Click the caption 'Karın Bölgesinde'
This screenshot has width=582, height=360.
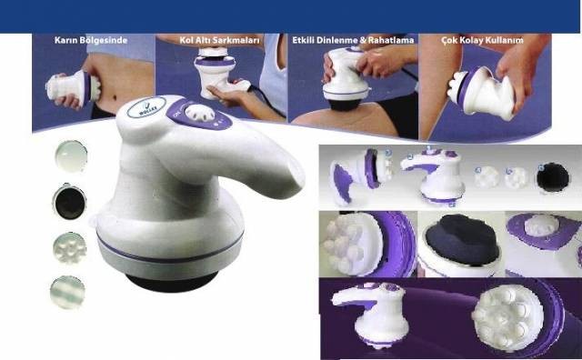91,40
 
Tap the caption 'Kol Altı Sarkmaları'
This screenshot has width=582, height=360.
220,40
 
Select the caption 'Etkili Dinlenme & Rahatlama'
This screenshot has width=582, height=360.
353,40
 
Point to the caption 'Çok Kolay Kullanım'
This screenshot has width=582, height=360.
483,40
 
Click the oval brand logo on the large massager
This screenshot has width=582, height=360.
146,107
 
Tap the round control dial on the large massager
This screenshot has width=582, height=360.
200,113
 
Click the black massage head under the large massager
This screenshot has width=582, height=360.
172,281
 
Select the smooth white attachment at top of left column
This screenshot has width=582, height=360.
71,156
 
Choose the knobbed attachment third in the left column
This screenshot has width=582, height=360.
70,247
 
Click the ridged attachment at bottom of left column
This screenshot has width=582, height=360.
67,292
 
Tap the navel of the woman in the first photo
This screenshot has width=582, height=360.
114,98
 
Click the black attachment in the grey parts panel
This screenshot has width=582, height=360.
553,177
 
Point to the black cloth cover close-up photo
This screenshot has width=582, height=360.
461,244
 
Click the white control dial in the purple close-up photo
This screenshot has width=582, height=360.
541,225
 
